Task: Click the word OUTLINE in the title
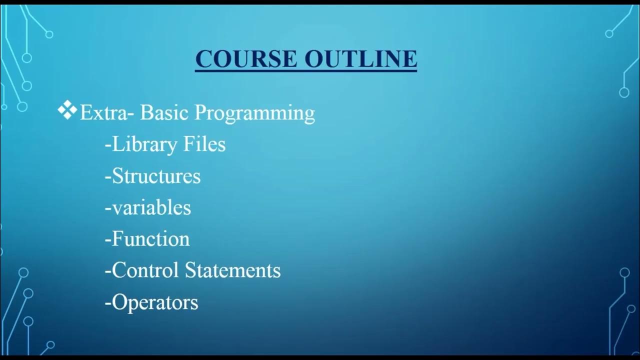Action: click(360, 58)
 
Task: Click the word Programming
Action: click(254, 113)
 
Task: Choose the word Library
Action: click(144, 145)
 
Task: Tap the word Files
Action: click(204, 144)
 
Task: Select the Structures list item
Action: click(156, 176)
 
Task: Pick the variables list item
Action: click(151, 207)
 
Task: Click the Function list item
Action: click(150, 239)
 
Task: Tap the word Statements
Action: click(232, 270)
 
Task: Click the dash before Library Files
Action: click(108, 145)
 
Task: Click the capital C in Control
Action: click(118, 270)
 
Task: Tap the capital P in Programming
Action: click(200, 112)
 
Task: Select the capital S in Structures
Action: click(117, 176)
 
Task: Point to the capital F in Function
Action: click(117, 239)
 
